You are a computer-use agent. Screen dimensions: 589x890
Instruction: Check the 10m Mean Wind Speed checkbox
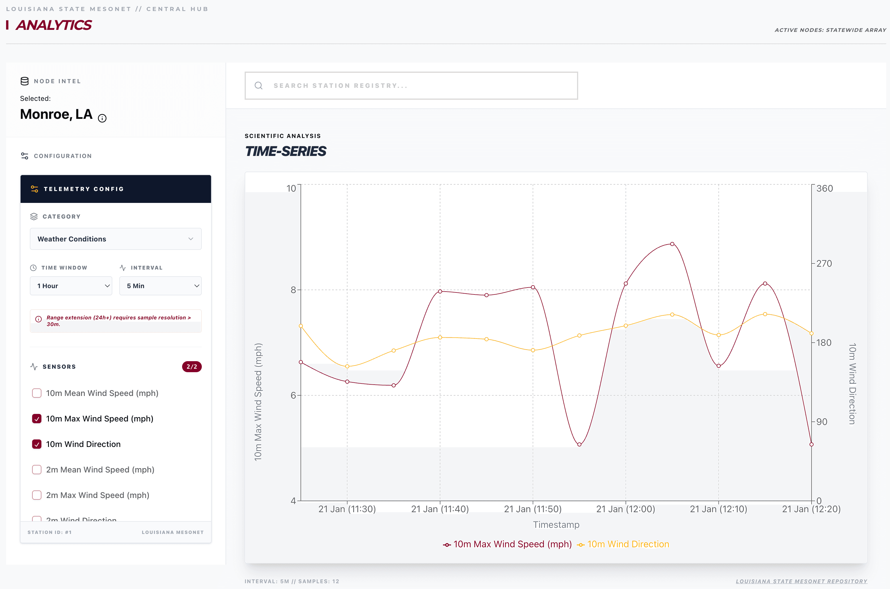tap(37, 393)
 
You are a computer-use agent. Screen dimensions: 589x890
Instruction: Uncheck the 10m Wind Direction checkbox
tap(37, 444)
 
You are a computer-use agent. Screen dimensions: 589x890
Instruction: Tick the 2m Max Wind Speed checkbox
tap(37, 495)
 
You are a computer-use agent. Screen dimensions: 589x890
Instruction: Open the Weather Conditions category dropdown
tap(116, 239)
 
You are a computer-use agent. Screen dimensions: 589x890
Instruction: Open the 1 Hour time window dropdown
tap(71, 286)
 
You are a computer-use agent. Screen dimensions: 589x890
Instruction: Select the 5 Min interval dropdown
tap(160, 286)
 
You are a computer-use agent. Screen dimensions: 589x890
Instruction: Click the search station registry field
tap(411, 86)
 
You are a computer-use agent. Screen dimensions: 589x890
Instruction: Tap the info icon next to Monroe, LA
tap(102, 118)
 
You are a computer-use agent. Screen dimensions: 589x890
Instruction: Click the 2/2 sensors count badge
tap(192, 367)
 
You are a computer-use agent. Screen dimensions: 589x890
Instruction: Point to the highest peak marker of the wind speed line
tap(672, 244)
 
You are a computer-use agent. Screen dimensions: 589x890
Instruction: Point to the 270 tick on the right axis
tap(824, 263)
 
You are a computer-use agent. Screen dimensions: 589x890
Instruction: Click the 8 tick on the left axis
tap(293, 290)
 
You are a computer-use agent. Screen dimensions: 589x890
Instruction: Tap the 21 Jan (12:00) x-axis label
tap(625, 509)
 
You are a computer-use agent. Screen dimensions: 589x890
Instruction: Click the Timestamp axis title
tap(556, 525)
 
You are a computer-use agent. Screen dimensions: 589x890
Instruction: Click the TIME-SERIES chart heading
tap(285, 151)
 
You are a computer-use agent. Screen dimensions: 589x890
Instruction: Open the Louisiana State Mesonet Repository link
tap(801, 581)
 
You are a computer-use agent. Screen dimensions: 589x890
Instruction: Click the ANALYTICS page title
tap(54, 25)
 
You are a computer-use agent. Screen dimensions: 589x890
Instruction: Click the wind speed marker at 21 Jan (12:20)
tap(811, 444)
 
